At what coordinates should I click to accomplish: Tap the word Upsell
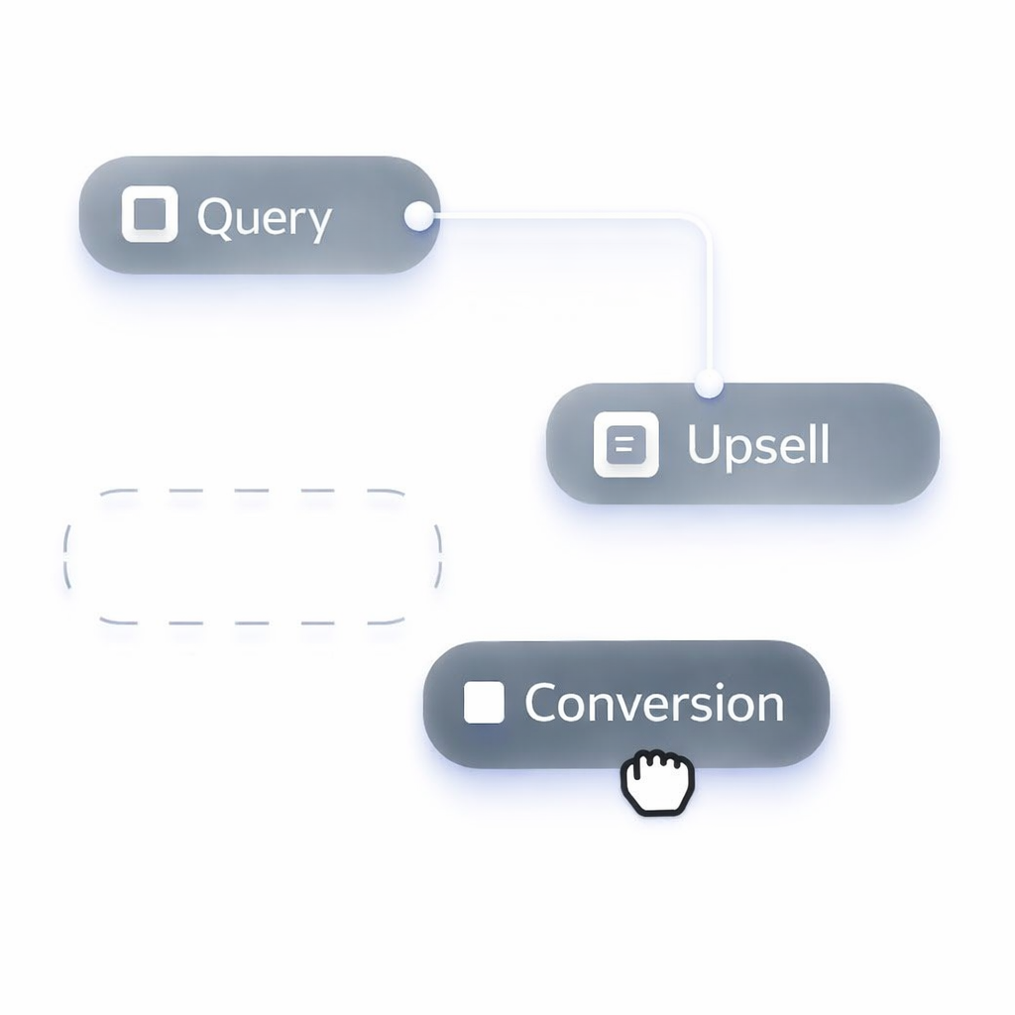pyautogui.click(x=758, y=445)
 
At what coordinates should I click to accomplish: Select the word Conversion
pyautogui.click(x=654, y=704)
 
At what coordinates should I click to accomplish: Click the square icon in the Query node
pyautogui.click(x=150, y=214)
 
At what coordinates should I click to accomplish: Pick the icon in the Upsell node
pyautogui.click(x=625, y=444)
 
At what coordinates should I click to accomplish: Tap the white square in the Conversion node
pyautogui.click(x=484, y=703)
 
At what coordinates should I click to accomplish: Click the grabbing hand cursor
pyautogui.click(x=657, y=783)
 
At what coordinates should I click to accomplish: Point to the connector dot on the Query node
pyautogui.click(x=419, y=215)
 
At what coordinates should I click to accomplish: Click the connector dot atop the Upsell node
pyautogui.click(x=708, y=383)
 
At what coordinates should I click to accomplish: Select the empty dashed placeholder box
pyautogui.click(x=253, y=556)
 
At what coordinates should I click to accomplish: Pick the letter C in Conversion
pyautogui.click(x=543, y=704)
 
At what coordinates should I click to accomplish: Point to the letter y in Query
pyautogui.click(x=318, y=223)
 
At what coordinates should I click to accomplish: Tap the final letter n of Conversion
pyautogui.click(x=767, y=706)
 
